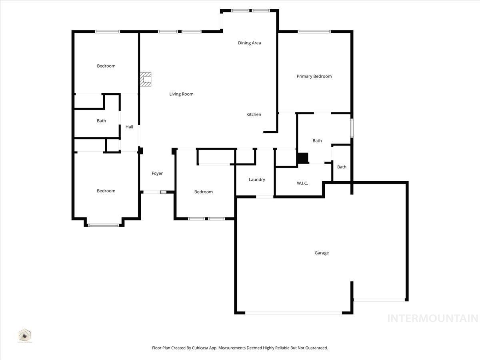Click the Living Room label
tap(181, 94)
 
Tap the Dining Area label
tap(249, 43)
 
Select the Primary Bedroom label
tap(314, 76)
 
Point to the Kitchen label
tap(254, 114)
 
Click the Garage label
tap(322, 253)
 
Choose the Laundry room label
tap(257, 180)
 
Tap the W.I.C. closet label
tap(302, 183)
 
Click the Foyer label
tap(157, 173)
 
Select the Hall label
tap(129, 127)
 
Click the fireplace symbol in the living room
tap(146, 79)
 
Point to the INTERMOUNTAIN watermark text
tap(432, 318)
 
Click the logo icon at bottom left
tap(25, 335)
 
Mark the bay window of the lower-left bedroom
tap(104, 225)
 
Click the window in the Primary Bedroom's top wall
tap(314, 32)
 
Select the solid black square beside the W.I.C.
tap(302, 158)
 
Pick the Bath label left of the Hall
tap(101, 121)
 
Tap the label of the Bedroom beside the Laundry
tap(203, 192)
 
